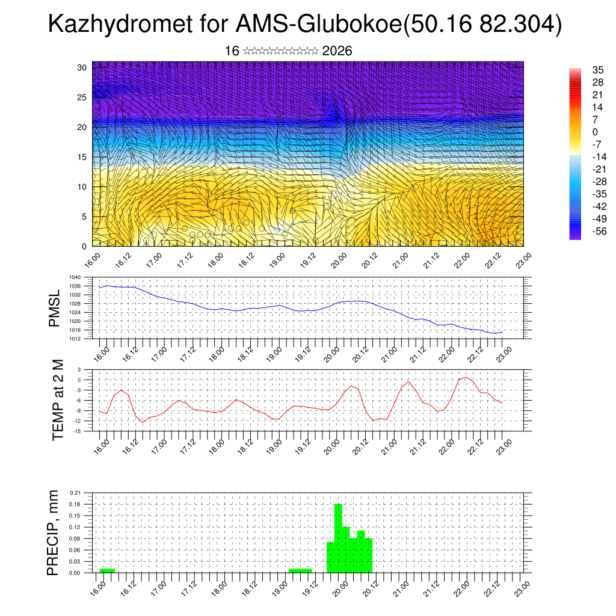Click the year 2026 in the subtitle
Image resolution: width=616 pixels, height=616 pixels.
point(337,51)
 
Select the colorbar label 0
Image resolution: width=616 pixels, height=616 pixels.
point(595,132)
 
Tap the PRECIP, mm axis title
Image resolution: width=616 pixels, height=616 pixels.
point(54,533)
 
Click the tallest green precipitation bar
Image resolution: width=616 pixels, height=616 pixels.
point(338,538)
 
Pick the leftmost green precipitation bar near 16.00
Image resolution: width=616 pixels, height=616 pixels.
point(107,570)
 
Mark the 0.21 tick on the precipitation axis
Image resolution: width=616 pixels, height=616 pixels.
point(75,493)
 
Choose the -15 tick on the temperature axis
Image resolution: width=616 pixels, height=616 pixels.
point(78,431)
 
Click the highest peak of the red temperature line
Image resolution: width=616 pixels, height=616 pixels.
point(465,377)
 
